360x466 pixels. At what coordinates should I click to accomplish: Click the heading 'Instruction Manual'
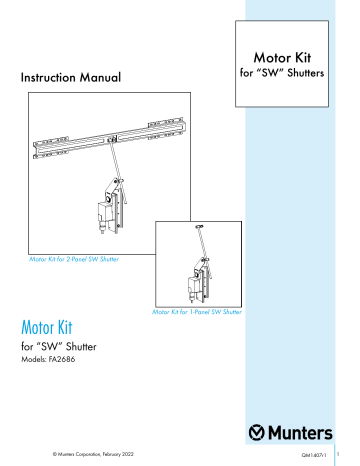(x=70, y=76)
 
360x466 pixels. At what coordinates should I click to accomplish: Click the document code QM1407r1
(x=316, y=455)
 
